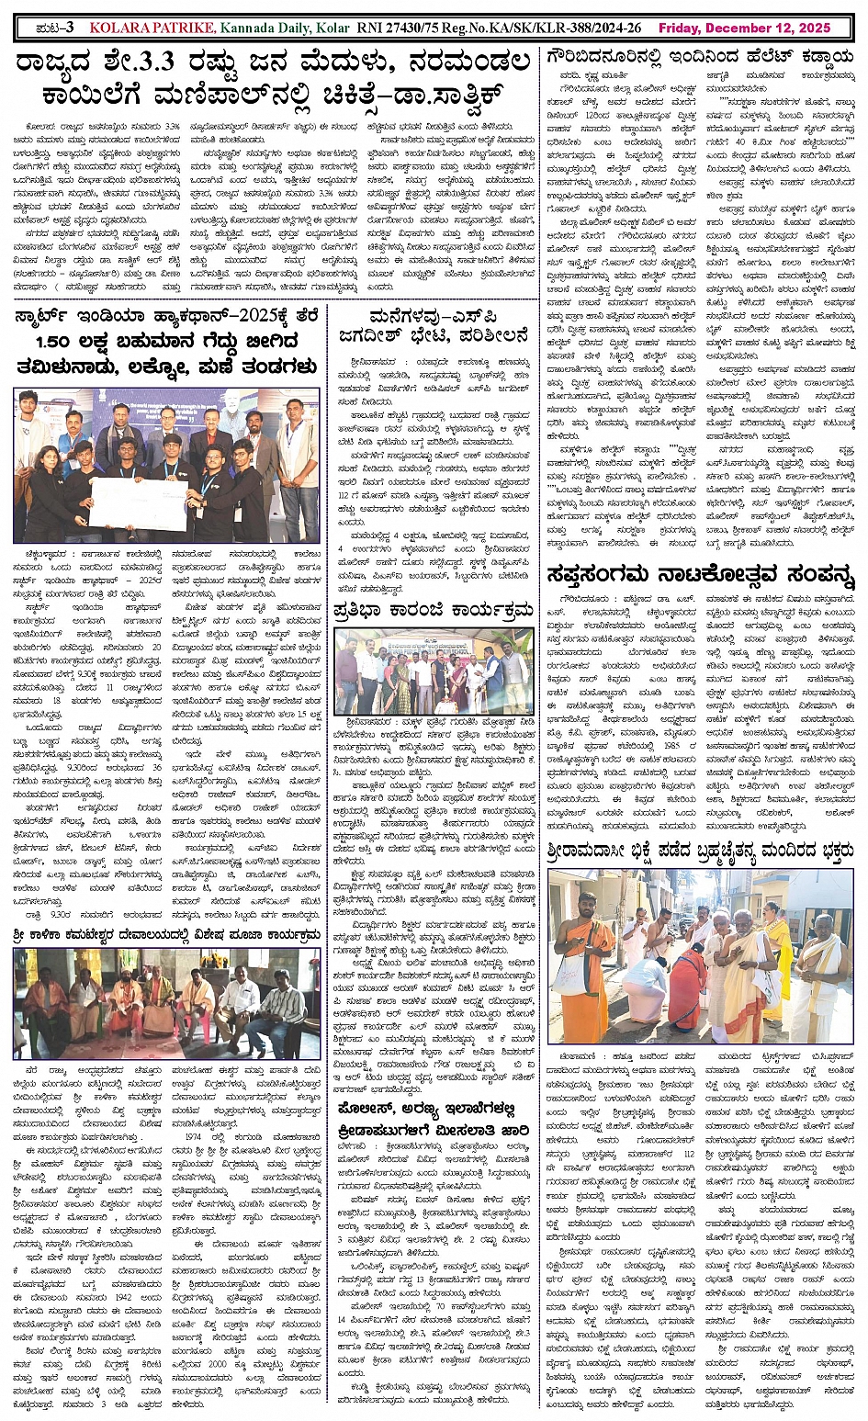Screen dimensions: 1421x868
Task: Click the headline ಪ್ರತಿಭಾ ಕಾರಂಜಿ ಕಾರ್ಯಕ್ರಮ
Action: [x=433, y=611]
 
